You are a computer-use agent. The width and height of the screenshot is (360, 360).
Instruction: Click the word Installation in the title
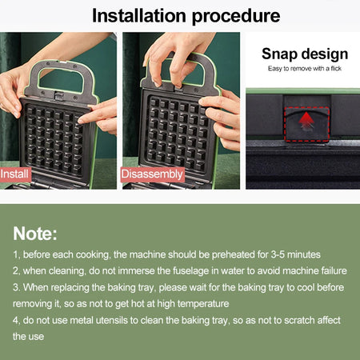click(139, 16)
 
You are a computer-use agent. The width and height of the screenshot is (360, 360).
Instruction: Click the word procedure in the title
click(236, 17)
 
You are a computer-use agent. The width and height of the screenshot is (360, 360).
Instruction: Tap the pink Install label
click(15, 174)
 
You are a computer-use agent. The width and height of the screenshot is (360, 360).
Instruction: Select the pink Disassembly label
click(152, 174)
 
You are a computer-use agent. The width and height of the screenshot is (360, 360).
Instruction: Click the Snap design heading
click(305, 54)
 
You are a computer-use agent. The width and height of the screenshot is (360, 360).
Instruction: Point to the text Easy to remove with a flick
click(305, 69)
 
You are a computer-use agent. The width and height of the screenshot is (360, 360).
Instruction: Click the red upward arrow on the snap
click(306, 121)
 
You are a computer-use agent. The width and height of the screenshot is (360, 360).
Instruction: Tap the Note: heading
click(35, 234)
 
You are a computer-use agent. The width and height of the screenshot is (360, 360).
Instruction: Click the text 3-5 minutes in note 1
click(296, 254)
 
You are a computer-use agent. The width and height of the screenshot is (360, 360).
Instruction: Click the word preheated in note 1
click(233, 255)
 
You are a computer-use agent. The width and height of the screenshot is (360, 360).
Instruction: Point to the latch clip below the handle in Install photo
click(58, 95)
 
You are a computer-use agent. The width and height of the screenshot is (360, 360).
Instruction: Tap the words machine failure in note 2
click(314, 271)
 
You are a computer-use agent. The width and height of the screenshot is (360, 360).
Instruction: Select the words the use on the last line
click(29, 337)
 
